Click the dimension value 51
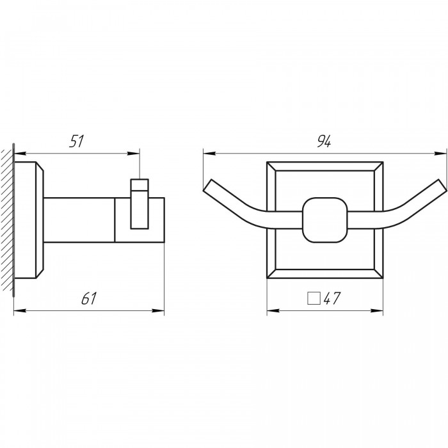point(77,141)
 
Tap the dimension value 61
point(89,298)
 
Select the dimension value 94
point(324,141)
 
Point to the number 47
point(332,298)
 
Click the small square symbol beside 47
point(314,298)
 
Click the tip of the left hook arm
point(207,184)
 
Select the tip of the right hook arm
point(442,184)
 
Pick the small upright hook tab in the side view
point(140,204)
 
